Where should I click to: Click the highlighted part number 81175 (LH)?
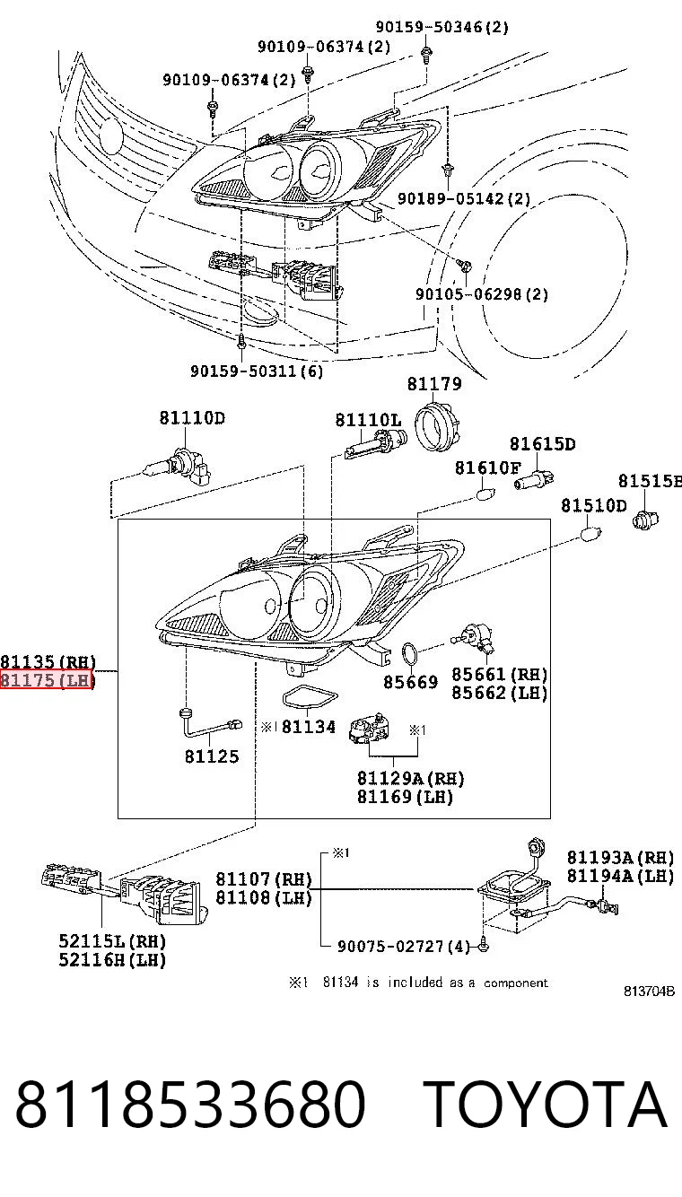(47, 680)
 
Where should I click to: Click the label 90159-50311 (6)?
(257, 371)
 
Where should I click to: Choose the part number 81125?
(212, 756)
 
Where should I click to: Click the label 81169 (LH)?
(405, 797)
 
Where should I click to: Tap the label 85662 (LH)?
(500, 693)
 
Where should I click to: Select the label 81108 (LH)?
(264, 897)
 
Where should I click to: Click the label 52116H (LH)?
(112, 960)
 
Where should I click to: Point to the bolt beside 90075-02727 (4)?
(485, 946)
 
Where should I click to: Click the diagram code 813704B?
(650, 992)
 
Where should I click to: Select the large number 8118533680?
(190, 1104)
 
